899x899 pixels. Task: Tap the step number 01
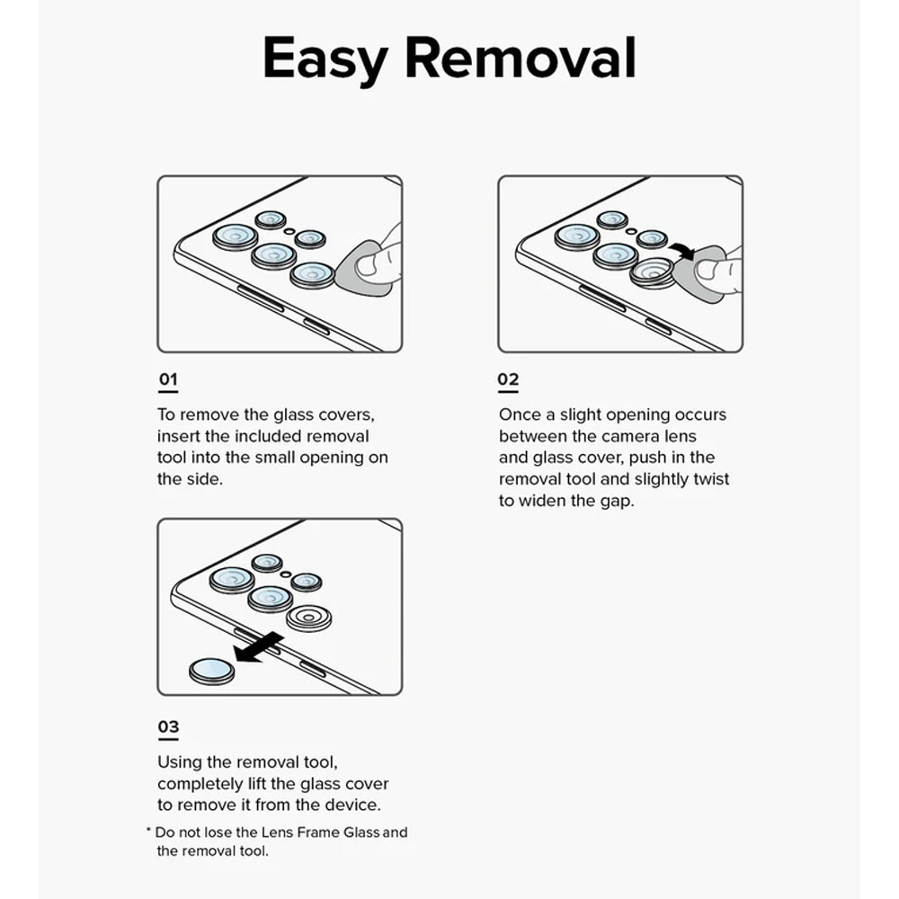167,379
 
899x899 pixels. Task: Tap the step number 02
508,379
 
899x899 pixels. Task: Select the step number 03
168,726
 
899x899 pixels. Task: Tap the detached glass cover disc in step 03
213,670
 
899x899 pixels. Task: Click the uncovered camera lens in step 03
309,618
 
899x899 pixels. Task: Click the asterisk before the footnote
148,832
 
